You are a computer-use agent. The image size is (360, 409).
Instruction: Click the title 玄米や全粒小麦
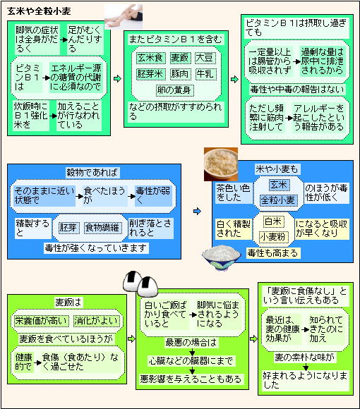(39, 11)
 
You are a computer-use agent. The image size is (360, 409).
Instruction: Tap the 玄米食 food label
(150, 58)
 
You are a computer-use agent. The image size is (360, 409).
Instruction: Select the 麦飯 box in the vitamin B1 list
(180, 58)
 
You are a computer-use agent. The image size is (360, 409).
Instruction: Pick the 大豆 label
(205, 58)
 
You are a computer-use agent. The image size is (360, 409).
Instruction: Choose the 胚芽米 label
(150, 74)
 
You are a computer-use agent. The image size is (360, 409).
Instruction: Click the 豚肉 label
(180, 74)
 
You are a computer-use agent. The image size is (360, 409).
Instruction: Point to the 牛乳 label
(205, 74)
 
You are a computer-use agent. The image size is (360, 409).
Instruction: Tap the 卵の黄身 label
(175, 90)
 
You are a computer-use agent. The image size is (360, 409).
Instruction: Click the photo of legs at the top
(124, 17)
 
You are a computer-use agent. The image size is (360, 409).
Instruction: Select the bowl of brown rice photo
(221, 164)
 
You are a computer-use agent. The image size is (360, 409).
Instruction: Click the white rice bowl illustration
(222, 257)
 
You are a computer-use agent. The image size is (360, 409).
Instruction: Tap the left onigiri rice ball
(133, 281)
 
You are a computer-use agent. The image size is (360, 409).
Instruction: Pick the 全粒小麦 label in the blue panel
(278, 200)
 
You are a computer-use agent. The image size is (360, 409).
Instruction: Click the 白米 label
(273, 221)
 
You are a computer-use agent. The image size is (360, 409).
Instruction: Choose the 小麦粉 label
(274, 236)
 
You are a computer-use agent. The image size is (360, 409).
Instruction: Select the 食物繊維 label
(102, 228)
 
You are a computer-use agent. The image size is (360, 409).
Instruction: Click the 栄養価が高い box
(41, 321)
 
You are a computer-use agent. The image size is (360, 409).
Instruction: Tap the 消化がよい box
(96, 321)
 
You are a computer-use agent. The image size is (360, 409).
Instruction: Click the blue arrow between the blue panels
(198, 211)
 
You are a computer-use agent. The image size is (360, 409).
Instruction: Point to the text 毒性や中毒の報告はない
(297, 90)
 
